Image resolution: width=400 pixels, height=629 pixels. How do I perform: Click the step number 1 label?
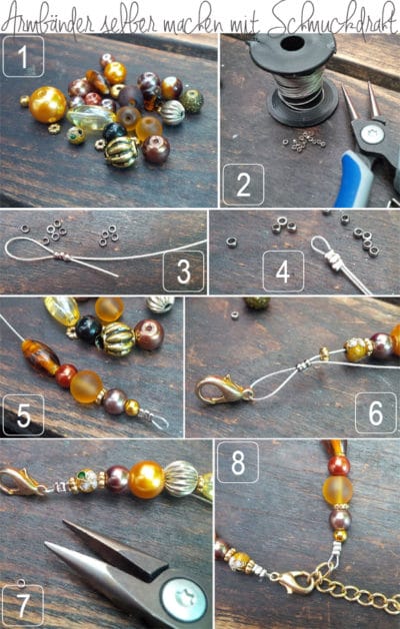(x=23, y=56)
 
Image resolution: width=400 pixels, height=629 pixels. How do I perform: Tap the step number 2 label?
(x=243, y=185)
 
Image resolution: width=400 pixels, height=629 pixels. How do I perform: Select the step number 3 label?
(x=184, y=272)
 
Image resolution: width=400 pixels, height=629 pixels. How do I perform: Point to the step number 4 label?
(x=283, y=272)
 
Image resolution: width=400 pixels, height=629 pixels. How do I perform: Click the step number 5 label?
(x=23, y=415)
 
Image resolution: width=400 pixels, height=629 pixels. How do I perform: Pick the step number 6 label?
(x=376, y=413)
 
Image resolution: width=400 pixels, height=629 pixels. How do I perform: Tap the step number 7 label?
(x=23, y=605)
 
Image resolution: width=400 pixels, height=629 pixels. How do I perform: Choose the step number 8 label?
(x=238, y=462)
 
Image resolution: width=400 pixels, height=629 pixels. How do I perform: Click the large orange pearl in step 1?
(x=47, y=105)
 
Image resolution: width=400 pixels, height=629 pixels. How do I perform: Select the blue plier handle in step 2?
(x=354, y=180)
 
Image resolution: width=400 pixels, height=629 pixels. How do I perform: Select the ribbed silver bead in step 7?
(x=181, y=478)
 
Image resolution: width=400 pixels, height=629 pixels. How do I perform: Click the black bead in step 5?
(x=88, y=329)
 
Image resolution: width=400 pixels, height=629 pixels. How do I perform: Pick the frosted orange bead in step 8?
(x=338, y=490)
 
